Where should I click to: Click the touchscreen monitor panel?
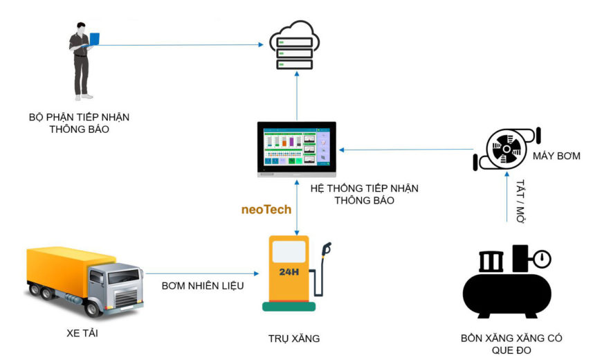pyautogui.click(x=296, y=149)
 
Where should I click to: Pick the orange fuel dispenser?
pyautogui.click(x=289, y=273)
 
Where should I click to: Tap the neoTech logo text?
pyautogui.click(x=266, y=209)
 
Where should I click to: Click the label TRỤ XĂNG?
pyautogui.click(x=294, y=339)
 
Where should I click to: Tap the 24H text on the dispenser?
pyautogui.click(x=289, y=272)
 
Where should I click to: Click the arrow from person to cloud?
pyautogui.click(x=180, y=45)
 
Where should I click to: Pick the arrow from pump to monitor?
pyautogui.click(x=408, y=149)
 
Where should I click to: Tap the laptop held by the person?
pyautogui.click(x=94, y=40)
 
